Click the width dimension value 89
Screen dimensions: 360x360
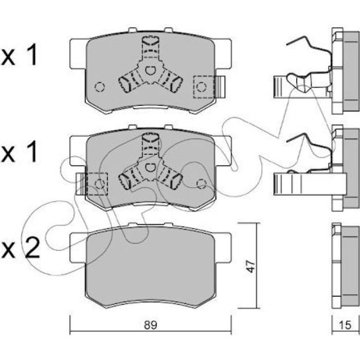[x=150, y=325]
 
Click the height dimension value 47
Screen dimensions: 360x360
[x=251, y=266]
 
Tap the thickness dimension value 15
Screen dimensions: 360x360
[x=345, y=325]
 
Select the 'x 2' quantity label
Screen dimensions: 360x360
[x=20, y=247]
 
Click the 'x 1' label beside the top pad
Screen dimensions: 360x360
[x=20, y=55]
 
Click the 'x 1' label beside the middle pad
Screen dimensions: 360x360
[x=20, y=151]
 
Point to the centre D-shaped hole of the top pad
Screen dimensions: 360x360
[x=150, y=70]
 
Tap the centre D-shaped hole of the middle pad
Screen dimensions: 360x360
[x=150, y=167]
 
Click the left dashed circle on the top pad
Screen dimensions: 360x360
[x=100, y=87]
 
